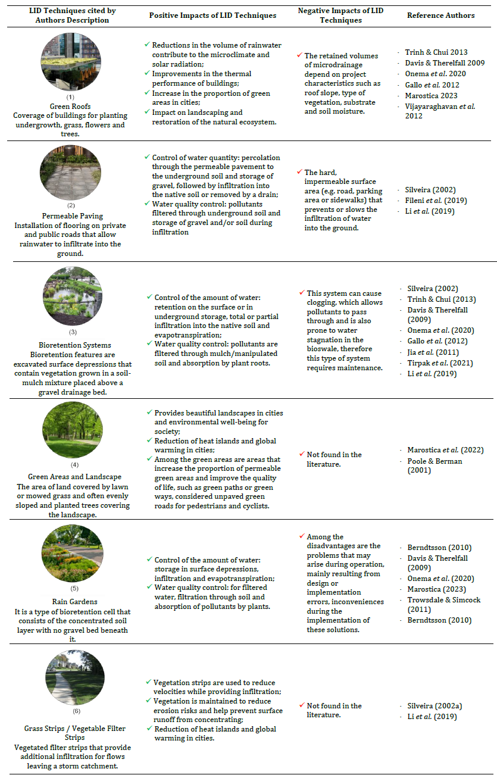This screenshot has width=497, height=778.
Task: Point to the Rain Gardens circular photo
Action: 73,553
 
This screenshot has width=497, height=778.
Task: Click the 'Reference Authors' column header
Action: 440,15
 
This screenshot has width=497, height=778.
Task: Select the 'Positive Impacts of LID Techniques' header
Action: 212,15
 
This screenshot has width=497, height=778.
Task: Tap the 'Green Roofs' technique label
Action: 70,107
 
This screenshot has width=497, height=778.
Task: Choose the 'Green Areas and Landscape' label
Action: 74,476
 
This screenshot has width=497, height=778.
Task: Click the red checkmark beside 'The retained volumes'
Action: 300,55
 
